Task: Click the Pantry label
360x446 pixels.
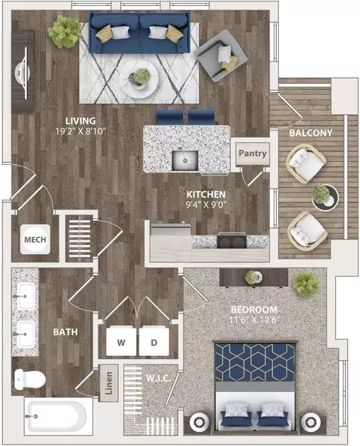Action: point(253,154)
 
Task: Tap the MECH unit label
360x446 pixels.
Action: point(35,240)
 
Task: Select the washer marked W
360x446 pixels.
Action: point(121,341)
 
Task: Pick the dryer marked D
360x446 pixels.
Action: point(154,341)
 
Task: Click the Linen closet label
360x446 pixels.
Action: point(109,383)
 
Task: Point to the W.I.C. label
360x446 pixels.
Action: point(158,379)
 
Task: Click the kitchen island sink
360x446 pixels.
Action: point(184,160)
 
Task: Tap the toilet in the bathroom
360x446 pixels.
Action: point(29,379)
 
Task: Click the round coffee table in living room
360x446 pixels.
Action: point(139,79)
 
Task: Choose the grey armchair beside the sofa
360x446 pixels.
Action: point(220,56)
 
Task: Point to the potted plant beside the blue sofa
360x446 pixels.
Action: point(65,31)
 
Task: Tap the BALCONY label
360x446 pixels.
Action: point(310,133)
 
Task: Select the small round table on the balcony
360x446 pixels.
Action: point(325,197)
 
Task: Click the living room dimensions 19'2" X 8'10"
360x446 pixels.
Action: point(81,131)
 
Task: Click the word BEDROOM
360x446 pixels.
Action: point(254,310)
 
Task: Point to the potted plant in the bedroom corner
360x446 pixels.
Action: point(307,283)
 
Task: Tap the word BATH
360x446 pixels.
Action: point(65,332)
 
